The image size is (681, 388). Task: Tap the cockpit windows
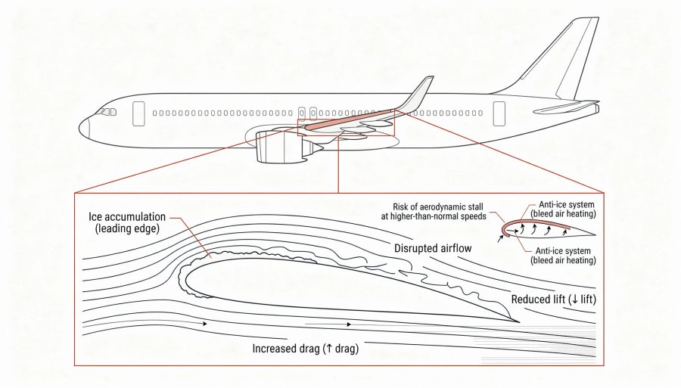point(107,112)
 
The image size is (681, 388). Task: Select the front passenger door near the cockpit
point(138,113)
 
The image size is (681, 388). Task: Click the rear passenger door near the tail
point(499,113)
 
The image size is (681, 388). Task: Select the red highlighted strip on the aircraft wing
point(348,119)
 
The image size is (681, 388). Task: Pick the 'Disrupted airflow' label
point(434,247)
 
